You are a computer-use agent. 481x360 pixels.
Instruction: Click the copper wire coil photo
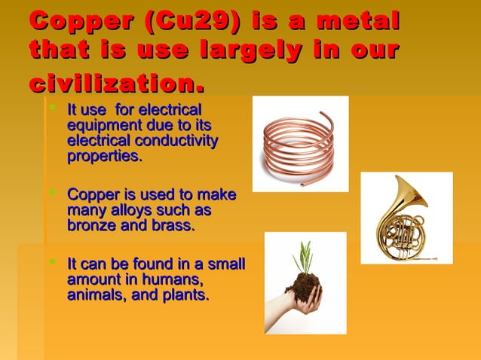point(300,143)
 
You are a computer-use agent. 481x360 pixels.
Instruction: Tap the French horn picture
point(406,218)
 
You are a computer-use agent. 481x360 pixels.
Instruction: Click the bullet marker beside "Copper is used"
point(52,194)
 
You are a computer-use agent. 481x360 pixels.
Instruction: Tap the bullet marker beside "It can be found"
point(52,264)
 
